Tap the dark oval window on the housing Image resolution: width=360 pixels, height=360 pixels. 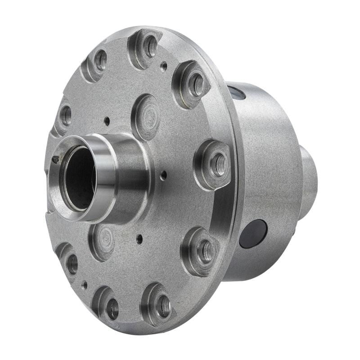click(253, 234)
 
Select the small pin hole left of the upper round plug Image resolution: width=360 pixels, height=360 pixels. click(107, 121)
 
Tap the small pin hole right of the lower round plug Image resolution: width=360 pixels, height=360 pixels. click(139, 238)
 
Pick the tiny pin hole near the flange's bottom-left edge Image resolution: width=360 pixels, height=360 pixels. click(85, 284)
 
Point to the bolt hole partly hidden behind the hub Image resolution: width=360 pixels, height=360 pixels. click(65, 115)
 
